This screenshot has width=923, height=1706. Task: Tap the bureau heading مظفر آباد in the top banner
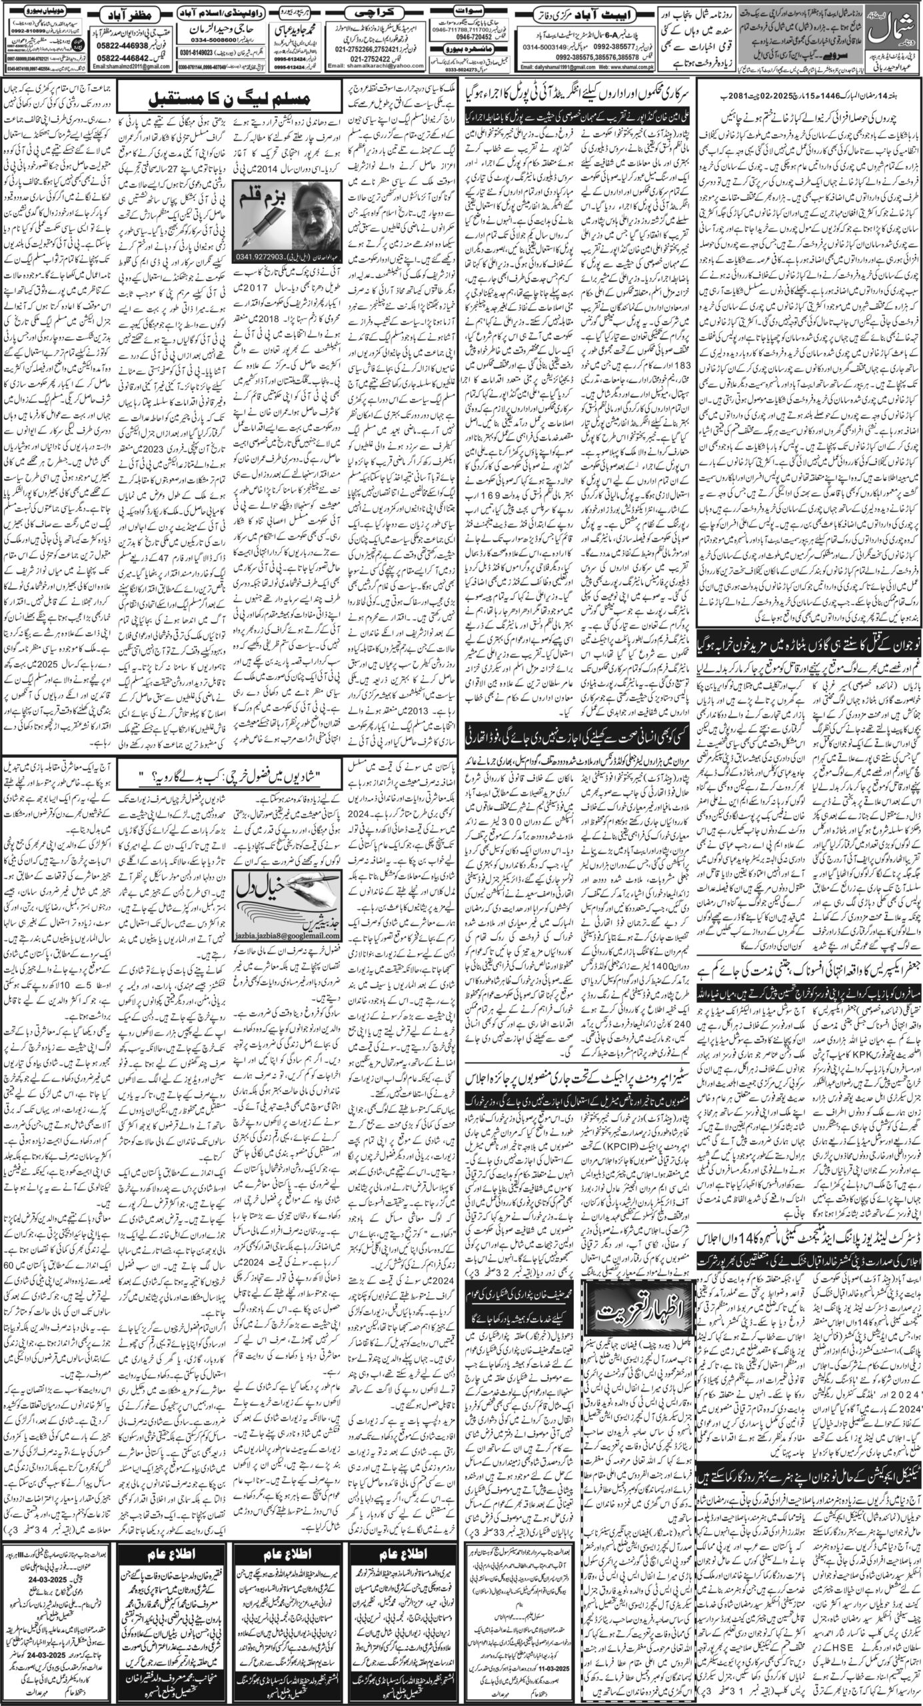click(127, 13)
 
